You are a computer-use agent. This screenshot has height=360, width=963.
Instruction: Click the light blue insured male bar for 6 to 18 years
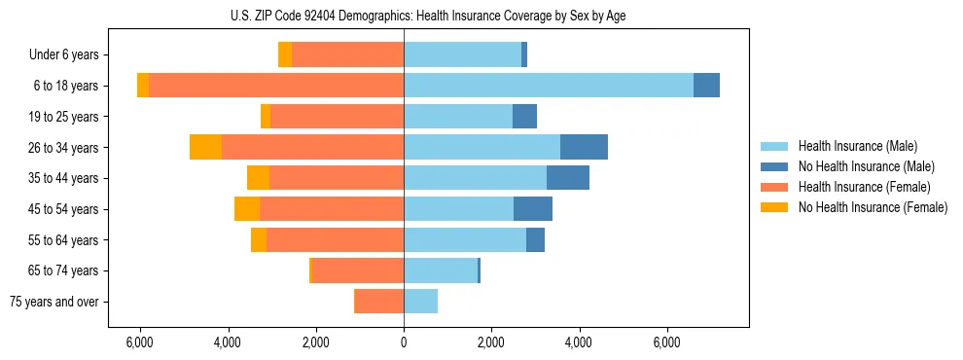coord(549,86)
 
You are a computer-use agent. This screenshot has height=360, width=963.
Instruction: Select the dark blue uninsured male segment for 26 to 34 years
coord(584,147)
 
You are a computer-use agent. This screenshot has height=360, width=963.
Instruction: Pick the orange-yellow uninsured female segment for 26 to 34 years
coord(205,147)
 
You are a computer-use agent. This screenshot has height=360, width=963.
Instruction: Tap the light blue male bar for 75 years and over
coord(420,302)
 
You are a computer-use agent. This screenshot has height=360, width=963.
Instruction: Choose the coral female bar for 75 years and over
coord(379,302)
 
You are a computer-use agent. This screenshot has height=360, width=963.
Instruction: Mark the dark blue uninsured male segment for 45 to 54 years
coord(533,209)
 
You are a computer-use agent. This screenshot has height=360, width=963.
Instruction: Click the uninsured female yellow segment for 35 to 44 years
coord(258,178)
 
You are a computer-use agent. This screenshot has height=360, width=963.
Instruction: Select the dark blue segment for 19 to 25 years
coord(524,117)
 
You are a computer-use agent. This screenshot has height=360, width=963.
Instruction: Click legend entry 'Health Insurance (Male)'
coord(857,146)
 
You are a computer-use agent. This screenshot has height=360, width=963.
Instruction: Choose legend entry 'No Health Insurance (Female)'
coord(873,207)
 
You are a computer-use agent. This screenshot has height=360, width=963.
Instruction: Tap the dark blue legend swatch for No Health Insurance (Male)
coord(775,166)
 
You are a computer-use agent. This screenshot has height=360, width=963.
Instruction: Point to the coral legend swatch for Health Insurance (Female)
coord(775,187)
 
